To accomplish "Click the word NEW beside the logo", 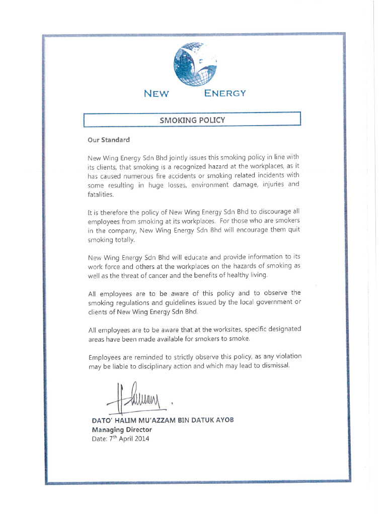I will pos(156,93).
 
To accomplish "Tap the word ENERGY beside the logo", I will pos(225,93).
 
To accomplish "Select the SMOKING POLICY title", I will pos(192,120).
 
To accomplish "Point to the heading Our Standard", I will pos(109,140).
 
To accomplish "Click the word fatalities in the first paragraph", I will pos(101,195).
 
